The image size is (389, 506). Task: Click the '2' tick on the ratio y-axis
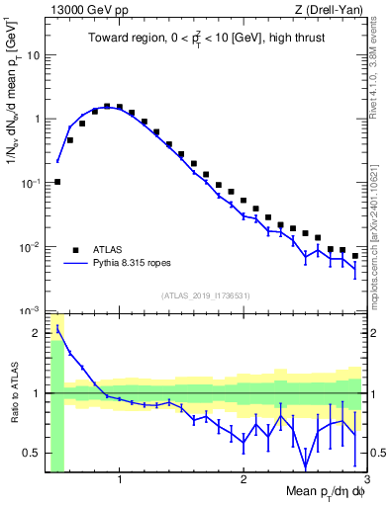click(38, 332)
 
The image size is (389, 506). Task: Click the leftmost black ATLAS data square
click(57, 182)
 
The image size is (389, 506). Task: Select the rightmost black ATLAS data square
click(355, 256)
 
